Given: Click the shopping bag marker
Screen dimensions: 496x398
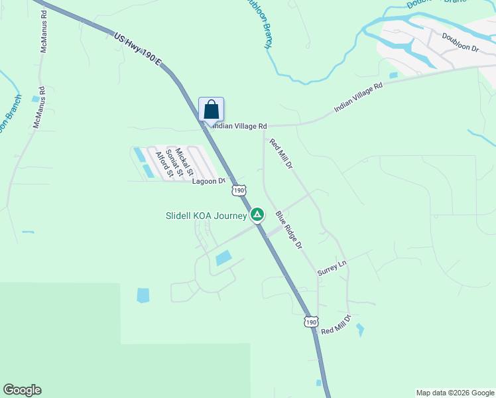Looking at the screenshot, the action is (x=211, y=110).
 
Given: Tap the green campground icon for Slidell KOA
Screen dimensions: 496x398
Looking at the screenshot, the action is (x=257, y=215).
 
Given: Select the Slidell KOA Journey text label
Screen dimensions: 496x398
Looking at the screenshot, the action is (x=206, y=216).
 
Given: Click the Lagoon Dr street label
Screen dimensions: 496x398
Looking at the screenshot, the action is (x=209, y=181).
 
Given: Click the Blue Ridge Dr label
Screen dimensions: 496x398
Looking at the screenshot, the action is (x=288, y=230).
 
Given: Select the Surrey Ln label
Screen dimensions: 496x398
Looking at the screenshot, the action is (x=332, y=268).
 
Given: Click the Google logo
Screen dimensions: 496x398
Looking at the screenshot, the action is (x=22, y=390).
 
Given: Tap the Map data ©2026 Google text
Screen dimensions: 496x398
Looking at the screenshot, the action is (x=454, y=393).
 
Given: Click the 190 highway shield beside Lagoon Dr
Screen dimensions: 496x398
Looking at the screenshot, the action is (x=239, y=190).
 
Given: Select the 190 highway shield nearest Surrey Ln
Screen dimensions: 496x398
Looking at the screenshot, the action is (x=311, y=321).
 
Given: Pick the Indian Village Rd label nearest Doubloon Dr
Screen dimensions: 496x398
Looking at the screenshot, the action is (x=359, y=97).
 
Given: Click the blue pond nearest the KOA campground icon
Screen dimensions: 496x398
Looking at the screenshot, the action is (x=224, y=258).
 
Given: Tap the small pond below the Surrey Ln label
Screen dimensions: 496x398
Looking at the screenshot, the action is (x=360, y=330).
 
